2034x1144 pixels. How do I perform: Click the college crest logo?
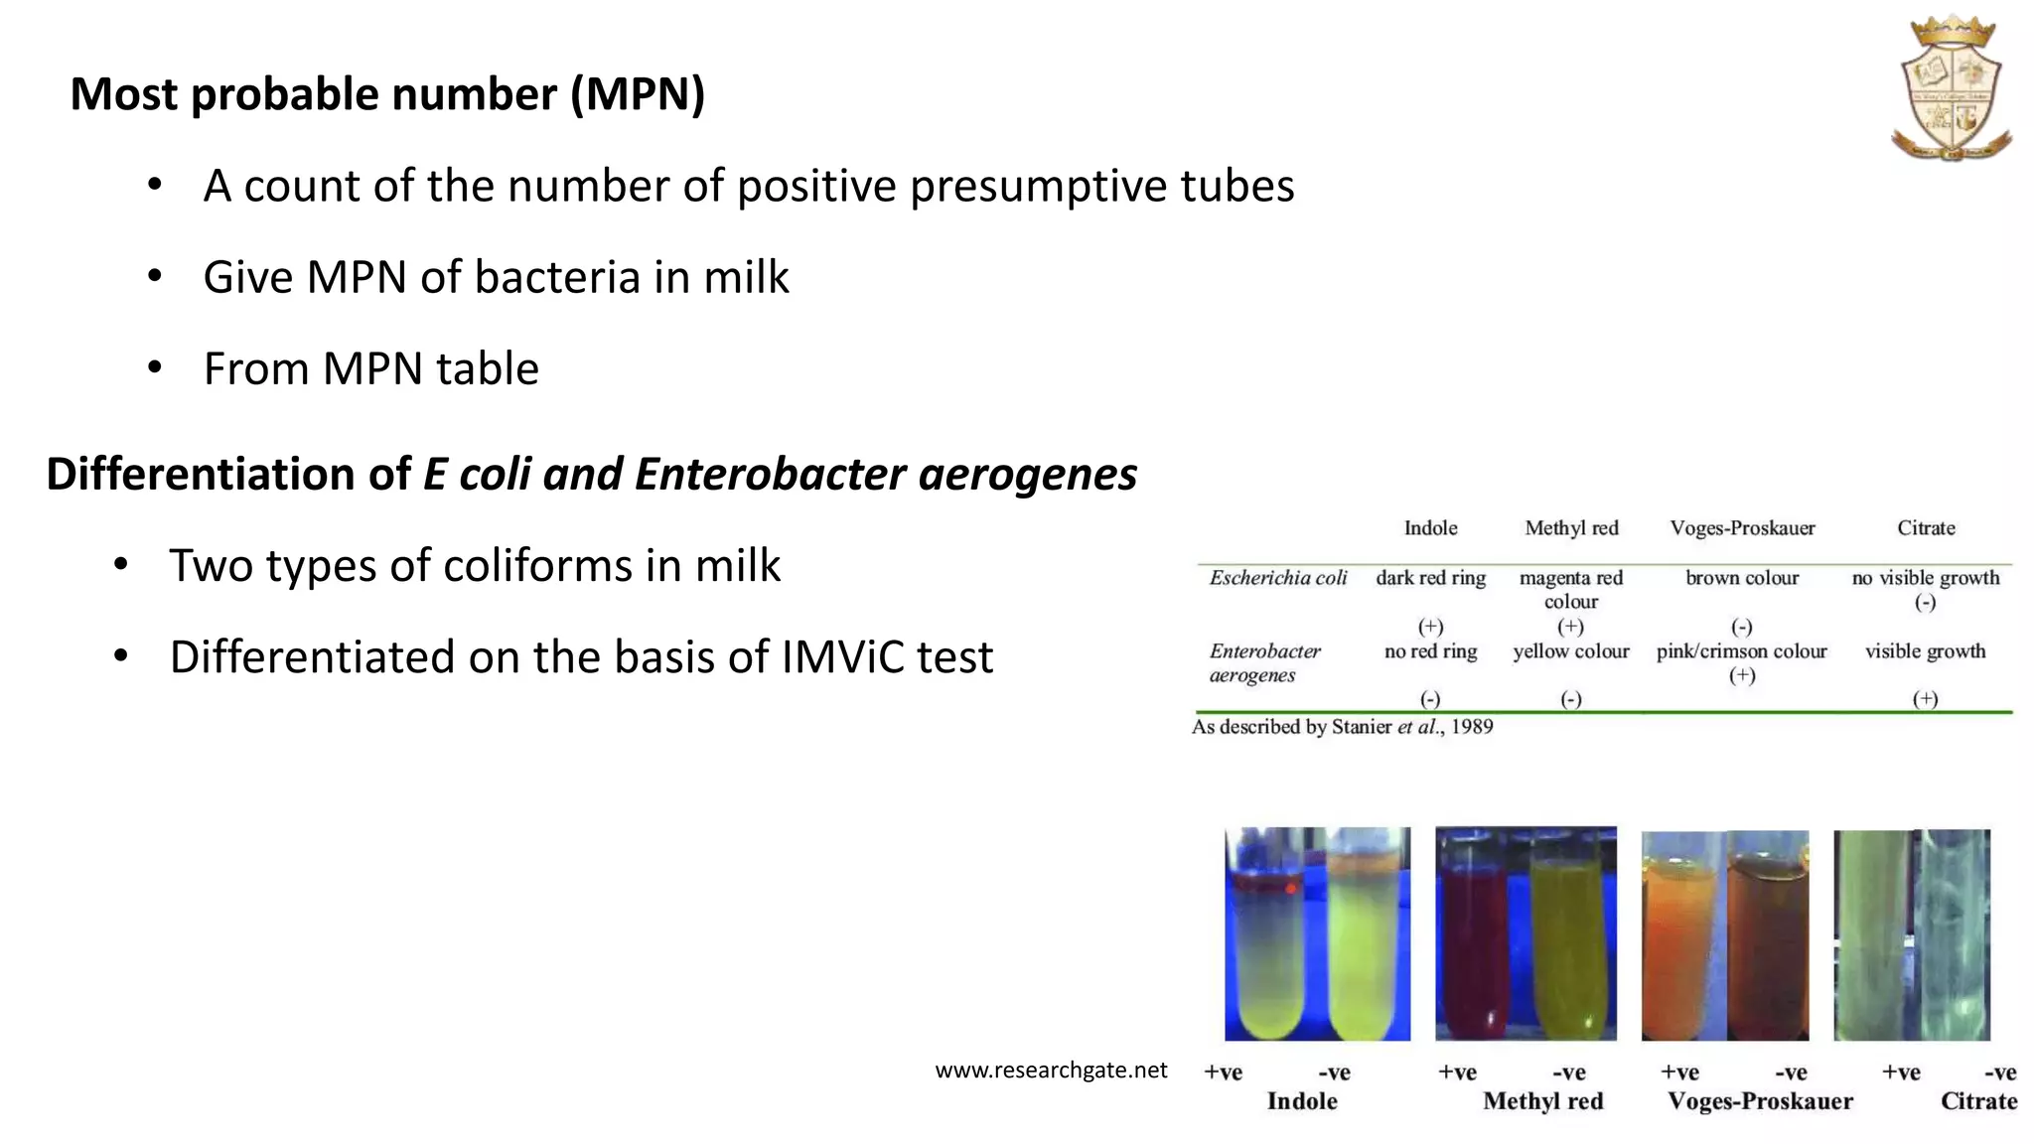1953,89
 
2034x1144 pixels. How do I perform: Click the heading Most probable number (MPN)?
387,94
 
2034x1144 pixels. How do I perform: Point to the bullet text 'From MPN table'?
370,369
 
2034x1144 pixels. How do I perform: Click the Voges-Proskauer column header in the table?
1742,528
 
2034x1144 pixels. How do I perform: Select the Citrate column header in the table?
1926,528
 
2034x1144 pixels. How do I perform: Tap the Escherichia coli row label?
1277,578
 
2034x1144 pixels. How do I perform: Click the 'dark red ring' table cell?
1430,578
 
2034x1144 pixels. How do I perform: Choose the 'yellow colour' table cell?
1570,651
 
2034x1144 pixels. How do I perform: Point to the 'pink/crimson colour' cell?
1741,651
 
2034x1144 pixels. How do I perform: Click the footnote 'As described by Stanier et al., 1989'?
1342,727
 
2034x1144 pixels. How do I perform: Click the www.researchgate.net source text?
1051,1071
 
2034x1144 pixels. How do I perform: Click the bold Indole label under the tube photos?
1301,1101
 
